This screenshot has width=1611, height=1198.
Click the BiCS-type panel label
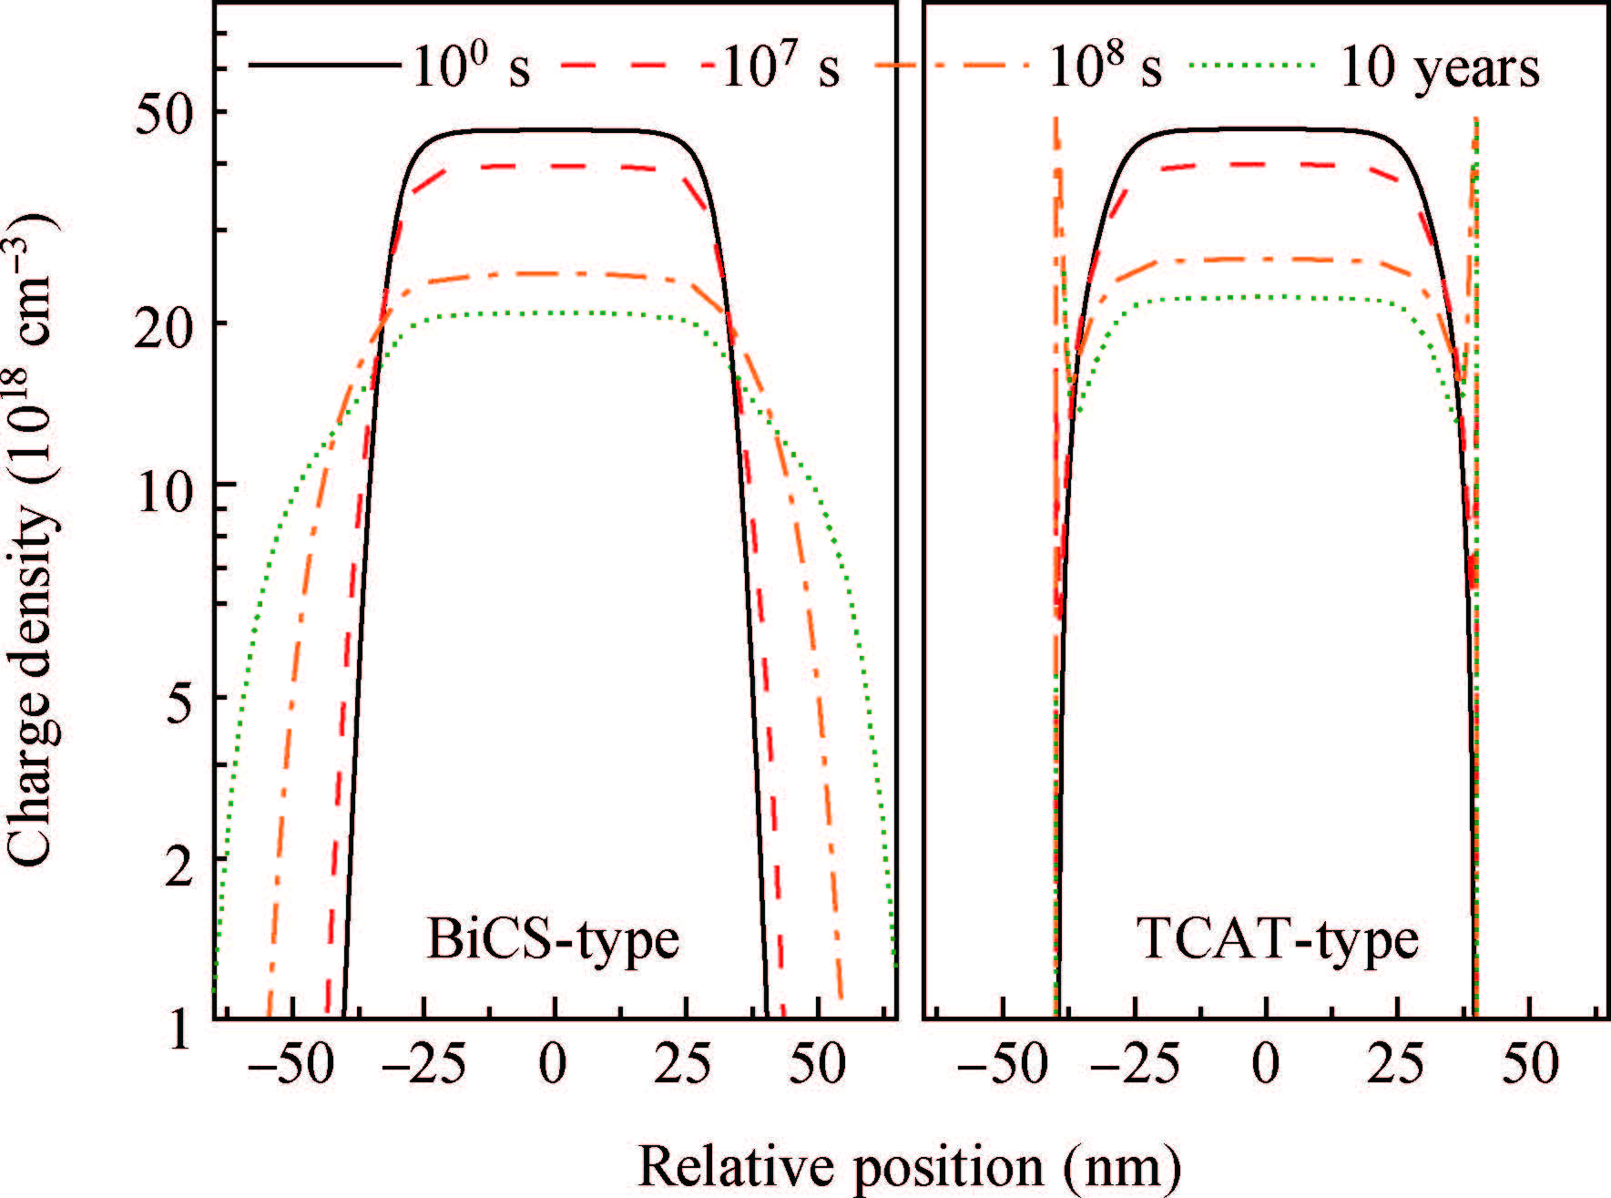coord(553,940)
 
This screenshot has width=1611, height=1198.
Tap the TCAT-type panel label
coord(1277,940)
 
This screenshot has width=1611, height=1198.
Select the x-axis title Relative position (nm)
coord(909,1167)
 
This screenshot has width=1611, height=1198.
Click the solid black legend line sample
coord(323,66)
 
